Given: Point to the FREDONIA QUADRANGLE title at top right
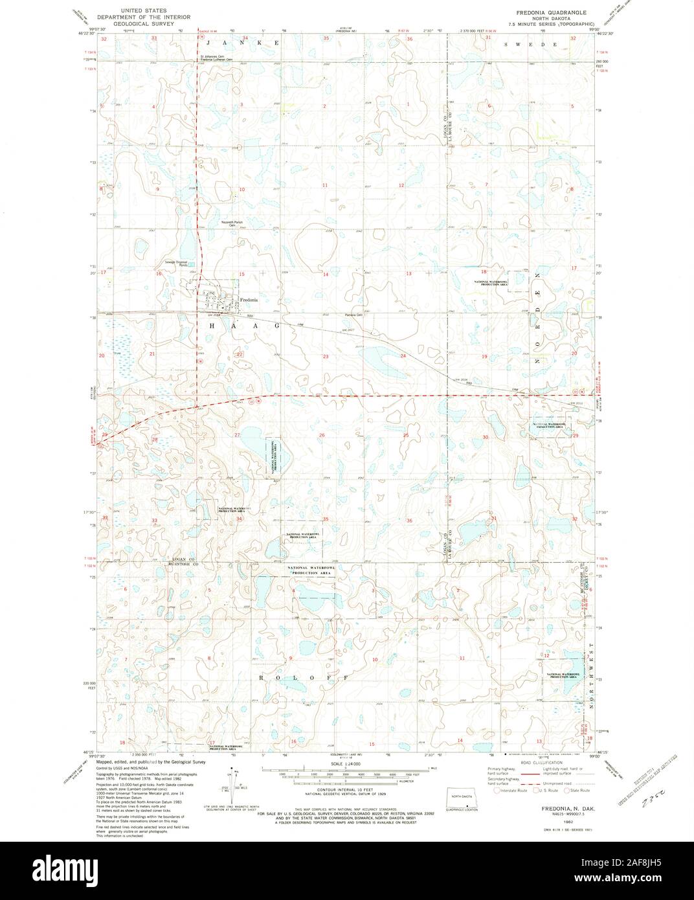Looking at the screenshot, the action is click(552, 12).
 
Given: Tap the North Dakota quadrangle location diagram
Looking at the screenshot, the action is click(464, 796).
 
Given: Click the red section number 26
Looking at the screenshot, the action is click(322, 435).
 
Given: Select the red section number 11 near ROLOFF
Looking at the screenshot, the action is click(462, 658).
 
